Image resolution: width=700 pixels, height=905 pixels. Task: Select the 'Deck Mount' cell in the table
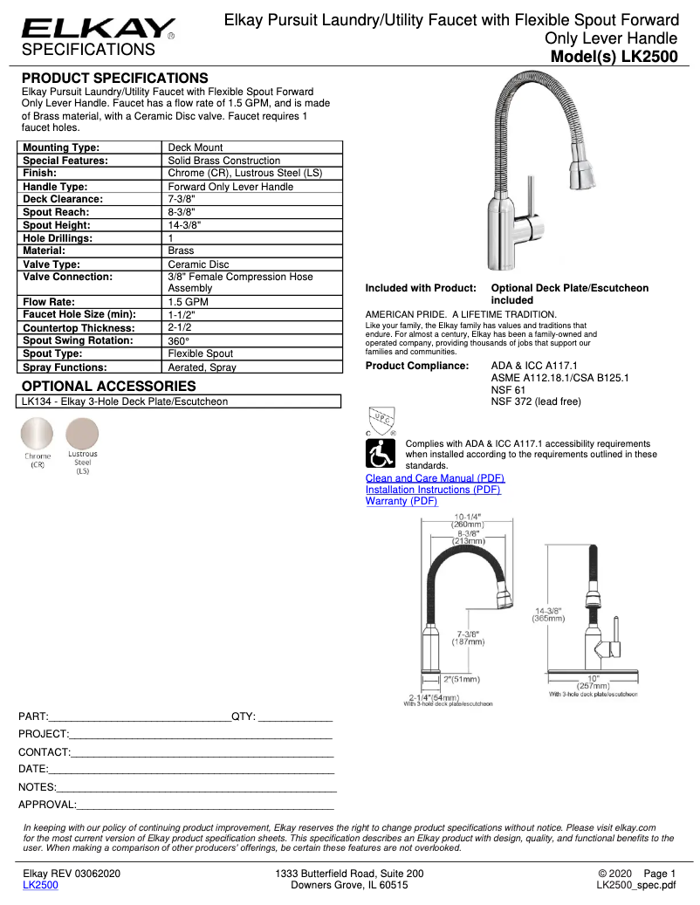coord(196,147)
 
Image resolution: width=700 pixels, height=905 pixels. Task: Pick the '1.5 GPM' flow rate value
coord(189,302)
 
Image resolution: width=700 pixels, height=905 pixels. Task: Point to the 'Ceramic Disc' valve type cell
coord(198,264)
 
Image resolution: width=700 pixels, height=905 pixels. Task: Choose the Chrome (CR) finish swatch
coord(38,434)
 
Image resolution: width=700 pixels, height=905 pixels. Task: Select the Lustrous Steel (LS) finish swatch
coord(83,434)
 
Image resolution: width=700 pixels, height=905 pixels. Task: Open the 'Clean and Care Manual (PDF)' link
coord(435,478)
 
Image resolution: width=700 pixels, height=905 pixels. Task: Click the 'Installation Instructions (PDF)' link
coord(433,490)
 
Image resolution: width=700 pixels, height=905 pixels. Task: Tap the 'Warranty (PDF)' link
coord(401,501)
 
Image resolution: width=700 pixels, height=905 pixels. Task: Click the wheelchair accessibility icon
coord(380,454)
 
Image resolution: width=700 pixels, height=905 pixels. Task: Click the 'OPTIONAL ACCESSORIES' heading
coord(108,386)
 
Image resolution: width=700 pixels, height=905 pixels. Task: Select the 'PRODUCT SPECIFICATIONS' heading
coord(114,78)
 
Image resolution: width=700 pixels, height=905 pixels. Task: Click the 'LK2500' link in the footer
coord(40,884)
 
